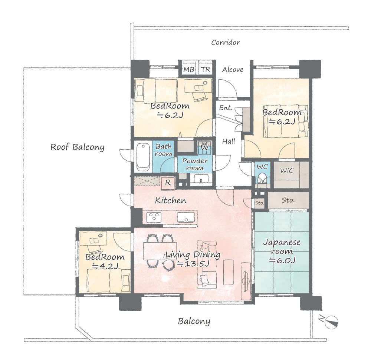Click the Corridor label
coord(226,43)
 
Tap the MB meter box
coord(188,69)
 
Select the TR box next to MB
coord(206,69)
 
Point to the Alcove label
coord(233,69)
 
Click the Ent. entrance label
coord(226,108)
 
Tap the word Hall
coord(229,141)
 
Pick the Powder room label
coord(195,164)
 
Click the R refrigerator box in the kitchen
coord(168,183)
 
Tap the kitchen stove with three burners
coord(154,217)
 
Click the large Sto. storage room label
coord(288,200)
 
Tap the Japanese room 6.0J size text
coord(282,260)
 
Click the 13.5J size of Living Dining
coord(193,264)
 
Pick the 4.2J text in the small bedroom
coord(105,266)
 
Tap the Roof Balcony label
coord(78,147)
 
